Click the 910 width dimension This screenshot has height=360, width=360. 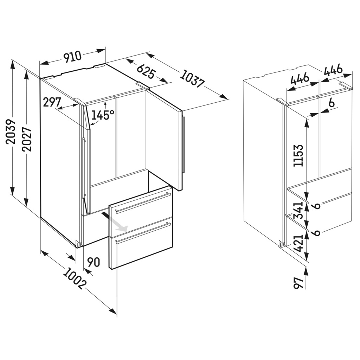[x=72, y=57]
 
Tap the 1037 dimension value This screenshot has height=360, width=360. [x=192, y=79]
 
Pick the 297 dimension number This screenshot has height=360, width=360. [x=52, y=102]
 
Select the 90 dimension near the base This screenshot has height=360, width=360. [x=94, y=262]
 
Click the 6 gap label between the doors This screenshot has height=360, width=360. [x=331, y=104]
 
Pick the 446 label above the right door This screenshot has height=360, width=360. [x=333, y=71]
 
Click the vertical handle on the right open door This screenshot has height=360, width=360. [x=183, y=144]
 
